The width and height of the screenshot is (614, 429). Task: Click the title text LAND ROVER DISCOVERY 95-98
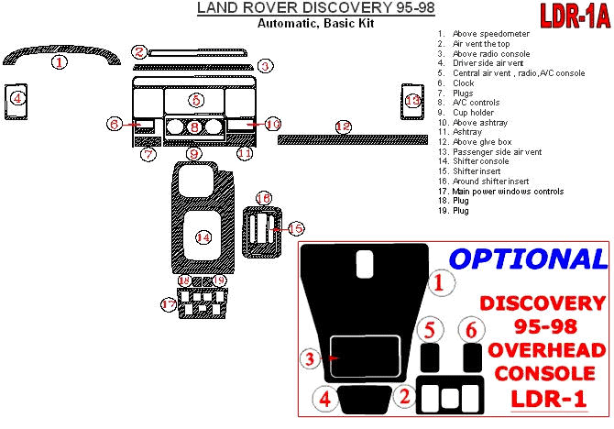[316, 9]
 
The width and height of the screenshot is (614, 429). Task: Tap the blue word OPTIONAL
[528, 258]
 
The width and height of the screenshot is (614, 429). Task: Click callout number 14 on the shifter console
[203, 236]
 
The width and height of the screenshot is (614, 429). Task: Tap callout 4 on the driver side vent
[17, 97]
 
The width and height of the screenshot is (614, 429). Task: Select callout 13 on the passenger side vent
[413, 100]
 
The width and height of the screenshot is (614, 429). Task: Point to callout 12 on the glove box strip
[343, 126]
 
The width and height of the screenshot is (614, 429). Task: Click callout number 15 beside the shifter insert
[295, 227]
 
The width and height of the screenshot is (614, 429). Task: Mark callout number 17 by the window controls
[168, 303]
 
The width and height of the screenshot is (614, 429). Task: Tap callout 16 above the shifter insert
[263, 198]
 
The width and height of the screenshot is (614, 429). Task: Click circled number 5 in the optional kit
[427, 330]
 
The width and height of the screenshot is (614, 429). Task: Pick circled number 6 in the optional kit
[471, 330]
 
